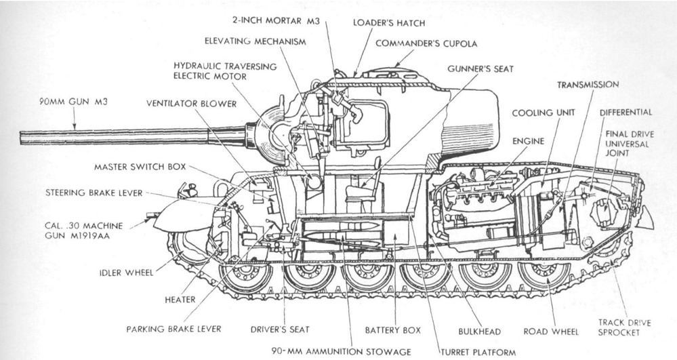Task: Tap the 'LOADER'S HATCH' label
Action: [388, 23]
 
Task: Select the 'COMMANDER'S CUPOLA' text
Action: [436, 43]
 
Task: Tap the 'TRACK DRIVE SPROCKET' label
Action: [624, 327]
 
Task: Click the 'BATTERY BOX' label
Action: [393, 329]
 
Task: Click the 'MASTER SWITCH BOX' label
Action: [140, 165]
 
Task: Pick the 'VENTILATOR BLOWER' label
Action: [192, 104]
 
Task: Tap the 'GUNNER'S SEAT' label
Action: [480, 69]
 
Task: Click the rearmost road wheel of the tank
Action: [543, 273]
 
